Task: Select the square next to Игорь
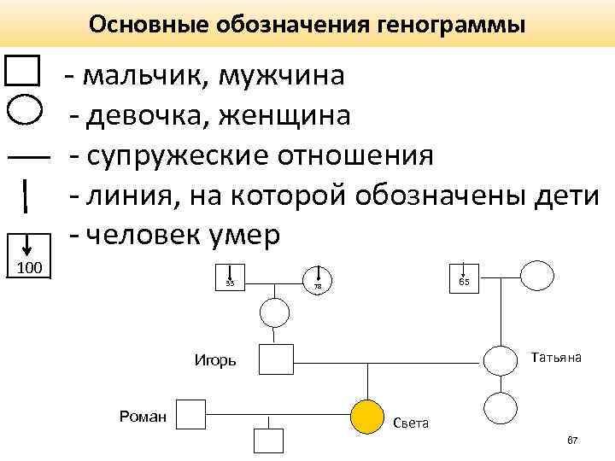tap(276, 359)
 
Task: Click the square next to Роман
tap(190, 414)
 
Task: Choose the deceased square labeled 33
tap(231, 275)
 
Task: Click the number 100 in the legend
tap(31, 270)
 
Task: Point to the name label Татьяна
tap(557, 357)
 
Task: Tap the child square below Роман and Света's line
tap(269, 441)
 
